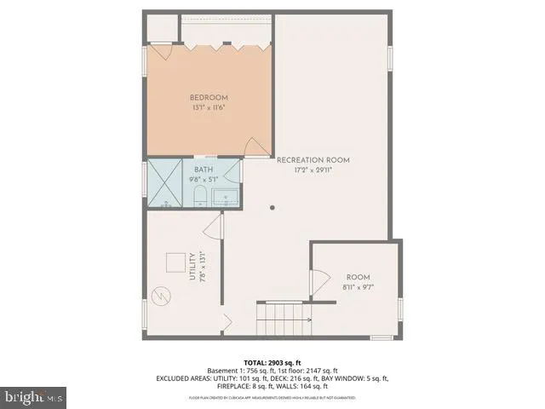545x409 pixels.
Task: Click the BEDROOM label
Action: (x=209, y=98)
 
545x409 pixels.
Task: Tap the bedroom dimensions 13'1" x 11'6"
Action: (x=209, y=108)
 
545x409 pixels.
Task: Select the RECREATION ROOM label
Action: (x=313, y=160)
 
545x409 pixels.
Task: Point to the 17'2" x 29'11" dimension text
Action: (x=313, y=170)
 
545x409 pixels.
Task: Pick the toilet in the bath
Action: (x=198, y=197)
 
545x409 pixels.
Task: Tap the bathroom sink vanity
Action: (x=224, y=198)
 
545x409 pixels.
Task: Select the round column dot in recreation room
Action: (x=272, y=207)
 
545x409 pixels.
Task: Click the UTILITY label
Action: (x=192, y=266)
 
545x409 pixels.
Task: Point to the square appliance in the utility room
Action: (x=176, y=263)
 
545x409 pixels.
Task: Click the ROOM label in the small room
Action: (x=359, y=277)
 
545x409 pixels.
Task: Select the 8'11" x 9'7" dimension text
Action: (x=359, y=287)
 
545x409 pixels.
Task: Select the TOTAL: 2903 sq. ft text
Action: (x=272, y=362)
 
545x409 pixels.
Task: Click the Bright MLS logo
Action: (x=34, y=396)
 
